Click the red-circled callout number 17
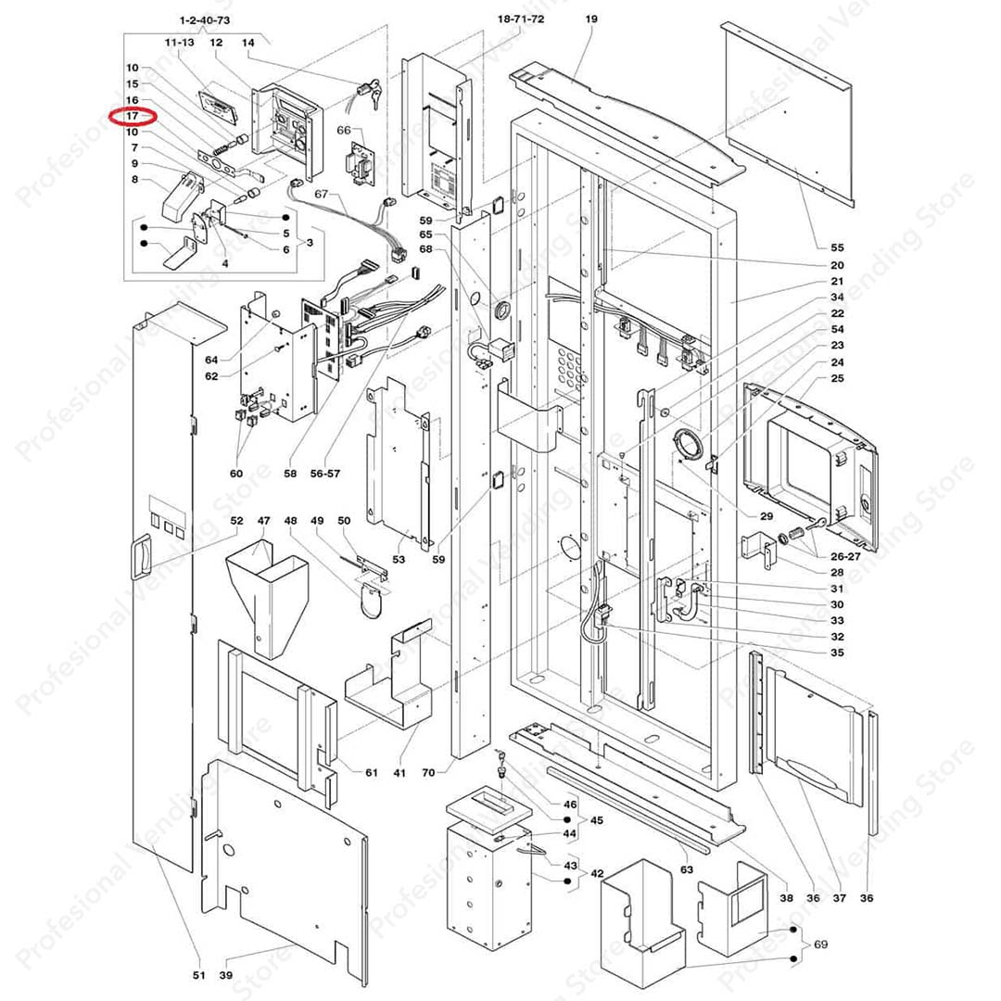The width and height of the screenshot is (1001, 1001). click(133, 116)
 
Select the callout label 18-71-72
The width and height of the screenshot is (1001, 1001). click(521, 19)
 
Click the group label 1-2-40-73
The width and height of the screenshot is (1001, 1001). click(204, 19)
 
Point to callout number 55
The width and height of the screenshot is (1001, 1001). click(837, 247)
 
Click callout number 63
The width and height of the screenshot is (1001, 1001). click(686, 869)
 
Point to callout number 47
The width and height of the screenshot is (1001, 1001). click(263, 521)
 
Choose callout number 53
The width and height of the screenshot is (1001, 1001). click(399, 560)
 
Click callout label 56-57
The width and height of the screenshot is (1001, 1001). click(325, 473)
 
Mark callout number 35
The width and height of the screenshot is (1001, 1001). click(837, 653)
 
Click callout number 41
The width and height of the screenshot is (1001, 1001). click(399, 772)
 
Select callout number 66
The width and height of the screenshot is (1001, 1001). click(343, 131)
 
